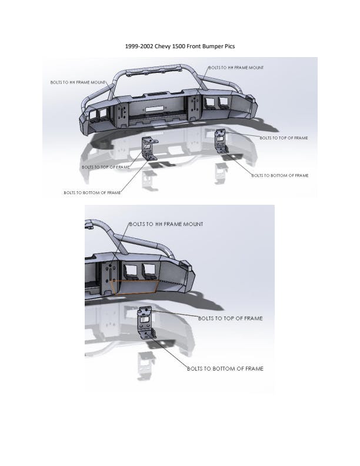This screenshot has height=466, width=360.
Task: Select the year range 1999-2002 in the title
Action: [139, 46]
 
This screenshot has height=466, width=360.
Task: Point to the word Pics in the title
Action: [230, 46]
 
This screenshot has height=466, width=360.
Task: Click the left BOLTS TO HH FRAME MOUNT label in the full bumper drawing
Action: [78, 82]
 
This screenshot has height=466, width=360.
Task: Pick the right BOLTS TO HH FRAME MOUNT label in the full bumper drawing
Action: [236, 68]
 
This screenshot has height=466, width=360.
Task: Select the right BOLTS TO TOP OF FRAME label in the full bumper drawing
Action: [284, 138]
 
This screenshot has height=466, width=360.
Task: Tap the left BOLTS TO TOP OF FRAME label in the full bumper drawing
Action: [106, 167]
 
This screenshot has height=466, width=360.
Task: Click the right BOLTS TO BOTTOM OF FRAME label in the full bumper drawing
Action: [280, 176]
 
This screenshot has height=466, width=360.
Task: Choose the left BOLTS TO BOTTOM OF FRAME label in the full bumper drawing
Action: [92, 193]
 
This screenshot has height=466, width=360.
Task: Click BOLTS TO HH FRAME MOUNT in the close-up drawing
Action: [166, 224]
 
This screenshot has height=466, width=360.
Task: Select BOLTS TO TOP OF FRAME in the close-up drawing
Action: [231, 318]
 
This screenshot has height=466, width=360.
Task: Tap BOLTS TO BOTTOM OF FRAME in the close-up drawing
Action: [225, 368]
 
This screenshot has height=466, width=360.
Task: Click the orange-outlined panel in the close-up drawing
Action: [134, 287]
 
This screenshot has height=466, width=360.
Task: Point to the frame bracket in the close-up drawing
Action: [146, 322]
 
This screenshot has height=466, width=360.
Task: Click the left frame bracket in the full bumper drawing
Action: [149, 149]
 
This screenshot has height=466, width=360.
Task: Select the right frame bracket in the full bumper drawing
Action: [221, 141]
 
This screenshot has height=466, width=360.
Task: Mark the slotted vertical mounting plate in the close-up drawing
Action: [109, 278]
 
